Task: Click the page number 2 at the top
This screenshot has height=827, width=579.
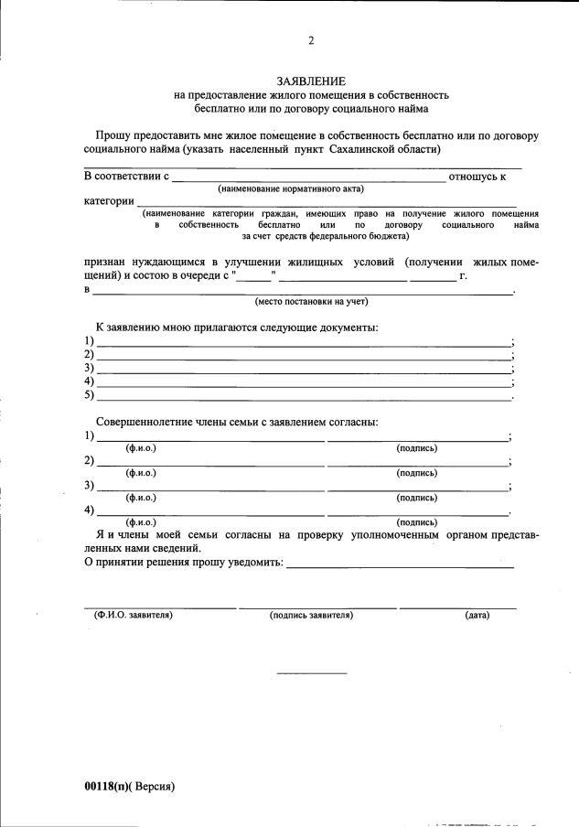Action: coord(311,39)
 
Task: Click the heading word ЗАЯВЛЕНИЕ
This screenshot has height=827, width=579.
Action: coord(311,81)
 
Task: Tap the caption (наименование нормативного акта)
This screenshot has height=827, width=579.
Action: coord(290,188)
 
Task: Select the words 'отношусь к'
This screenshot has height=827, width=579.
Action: coord(477,176)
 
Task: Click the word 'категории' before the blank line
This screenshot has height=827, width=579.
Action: coord(109,200)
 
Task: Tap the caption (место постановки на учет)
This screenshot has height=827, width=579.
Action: coord(311,300)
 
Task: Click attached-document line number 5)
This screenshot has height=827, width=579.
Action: coord(302,398)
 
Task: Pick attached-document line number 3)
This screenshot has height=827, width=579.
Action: coord(302,371)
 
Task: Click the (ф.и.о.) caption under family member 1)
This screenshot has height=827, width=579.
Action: coord(141,448)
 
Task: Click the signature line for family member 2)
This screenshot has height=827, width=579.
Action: coord(417,465)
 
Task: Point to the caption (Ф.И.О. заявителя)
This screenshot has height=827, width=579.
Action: coord(134,615)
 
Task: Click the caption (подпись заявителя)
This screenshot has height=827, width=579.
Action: coord(311,615)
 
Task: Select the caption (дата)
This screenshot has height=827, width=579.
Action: coord(477,615)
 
